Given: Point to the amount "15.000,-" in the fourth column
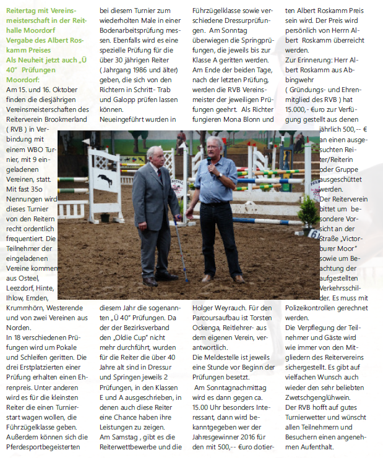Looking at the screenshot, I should [300, 110].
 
